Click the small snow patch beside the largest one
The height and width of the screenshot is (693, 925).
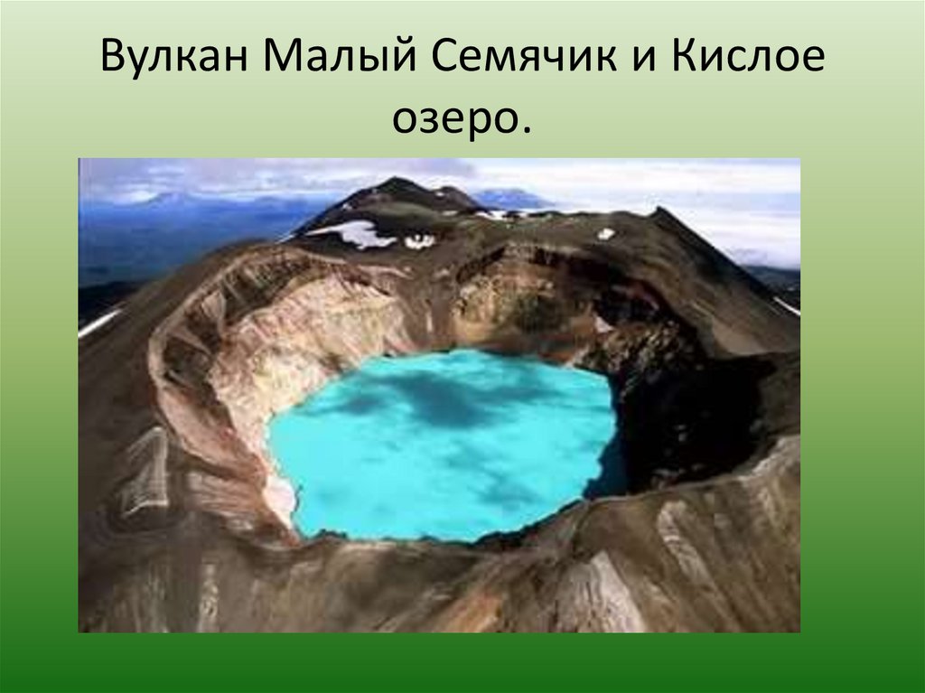[x=419, y=241]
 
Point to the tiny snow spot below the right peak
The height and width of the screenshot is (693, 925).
[x=605, y=233]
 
